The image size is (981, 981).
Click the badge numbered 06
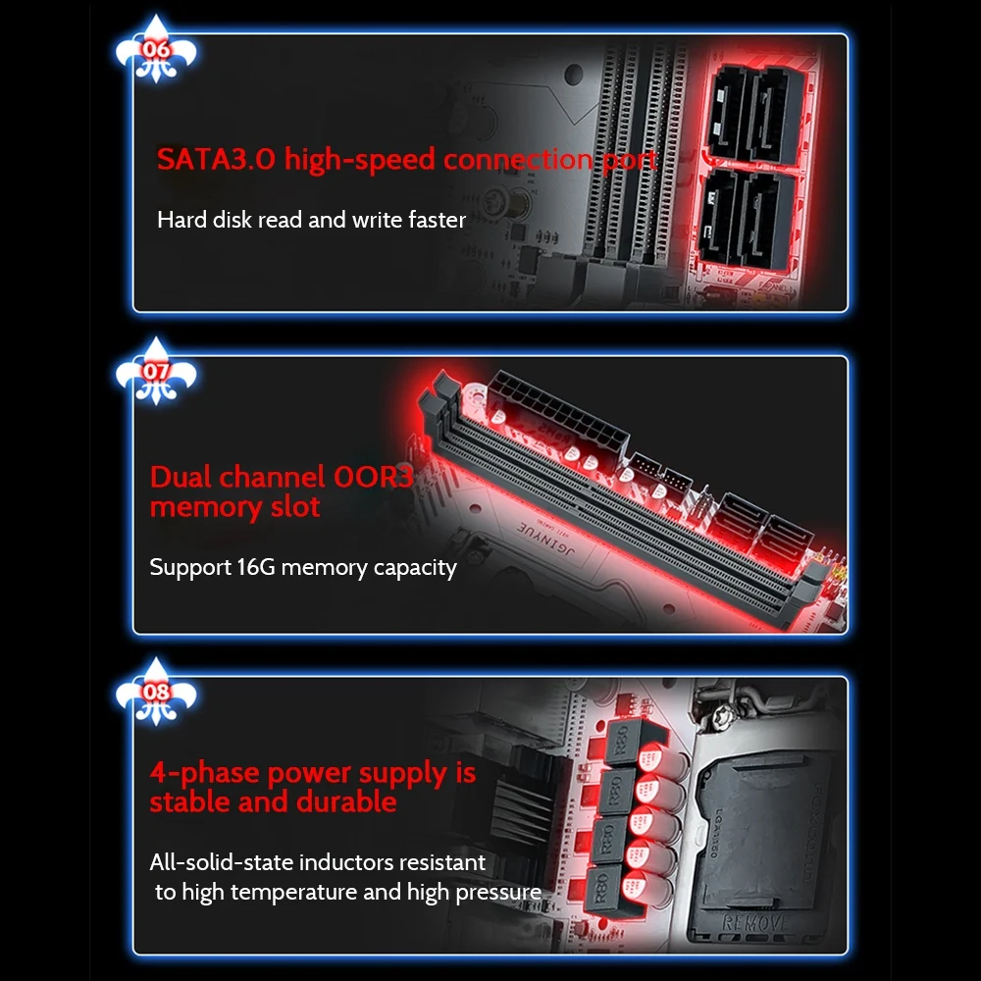pos(156,50)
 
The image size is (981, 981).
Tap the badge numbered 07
pos(156,372)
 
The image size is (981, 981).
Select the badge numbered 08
pos(156,693)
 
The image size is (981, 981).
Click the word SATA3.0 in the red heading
pos(216,159)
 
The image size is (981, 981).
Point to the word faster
pos(437,220)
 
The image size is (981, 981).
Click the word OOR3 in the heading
pos(374,477)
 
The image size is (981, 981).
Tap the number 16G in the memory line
pos(256,567)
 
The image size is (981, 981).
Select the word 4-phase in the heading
pos(205,774)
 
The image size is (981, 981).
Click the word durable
pos(346,801)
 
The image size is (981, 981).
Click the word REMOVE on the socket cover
pos(754,923)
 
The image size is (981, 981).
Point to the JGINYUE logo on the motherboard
pos(545,539)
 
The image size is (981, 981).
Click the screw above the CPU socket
pos(724,712)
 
